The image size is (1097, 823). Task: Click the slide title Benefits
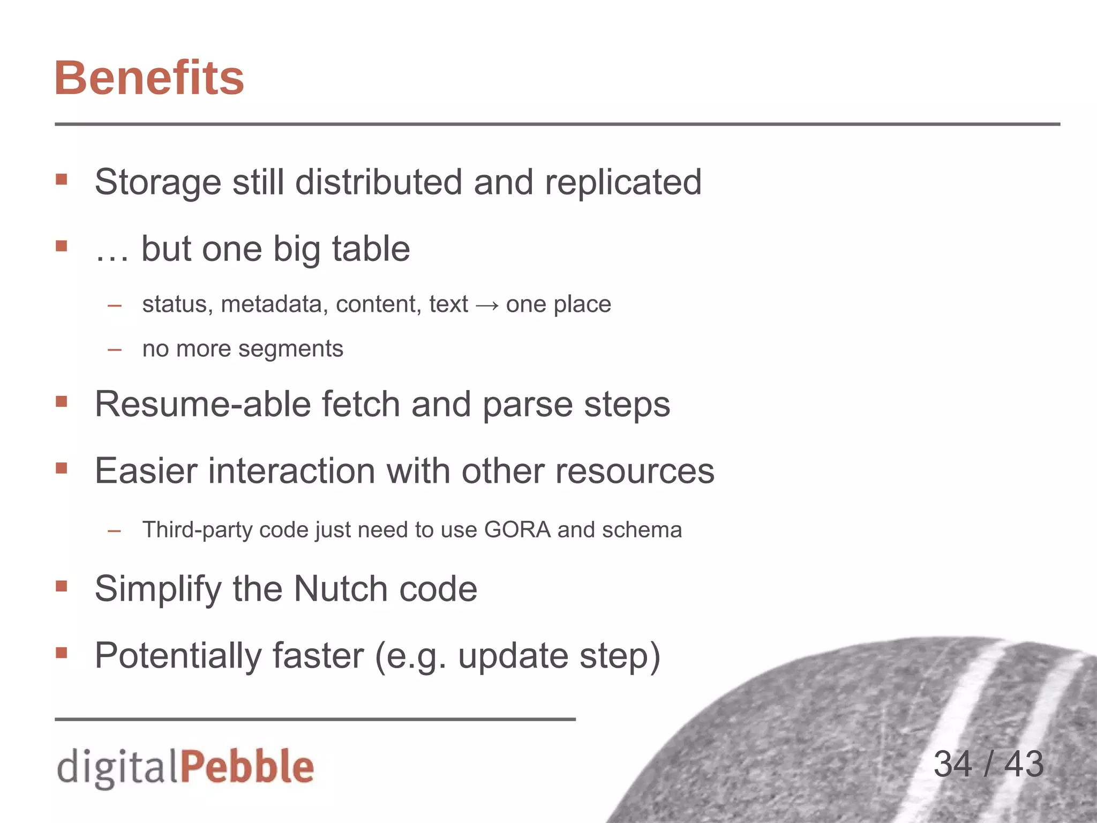pyautogui.click(x=149, y=78)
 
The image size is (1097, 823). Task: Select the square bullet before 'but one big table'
pyautogui.click(x=62, y=246)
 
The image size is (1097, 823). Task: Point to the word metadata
pyautogui.click(x=274, y=304)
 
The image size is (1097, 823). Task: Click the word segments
pyautogui.click(x=290, y=349)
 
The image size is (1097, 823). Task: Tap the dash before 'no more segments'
pyautogui.click(x=115, y=350)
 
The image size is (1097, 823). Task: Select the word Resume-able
pyautogui.click(x=202, y=404)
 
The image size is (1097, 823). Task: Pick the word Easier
pyautogui.click(x=146, y=471)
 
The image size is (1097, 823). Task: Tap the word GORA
pyautogui.click(x=517, y=530)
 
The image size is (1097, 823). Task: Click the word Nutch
pyautogui.click(x=341, y=589)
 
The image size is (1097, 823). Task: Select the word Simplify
pyautogui.click(x=157, y=589)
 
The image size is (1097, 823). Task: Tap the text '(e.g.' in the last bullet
pyautogui.click(x=410, y=656)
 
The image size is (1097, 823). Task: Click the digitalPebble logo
pyautogui.click(x=185, y=767)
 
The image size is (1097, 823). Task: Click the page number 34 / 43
pyautogui.click(x=988, y=764)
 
